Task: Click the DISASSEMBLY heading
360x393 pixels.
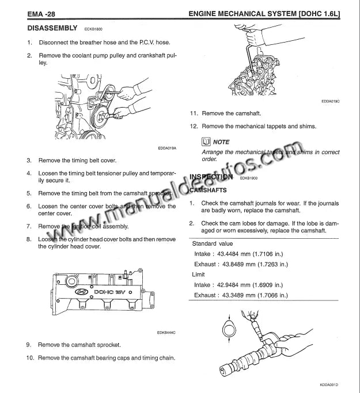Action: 52,28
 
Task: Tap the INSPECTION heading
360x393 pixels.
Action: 210,177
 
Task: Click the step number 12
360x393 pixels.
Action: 194,126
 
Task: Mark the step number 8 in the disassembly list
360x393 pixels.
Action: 29,239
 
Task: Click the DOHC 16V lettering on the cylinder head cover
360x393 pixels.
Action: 113,292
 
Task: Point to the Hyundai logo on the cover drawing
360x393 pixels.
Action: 82,292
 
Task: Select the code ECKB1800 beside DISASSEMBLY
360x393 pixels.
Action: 93,29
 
